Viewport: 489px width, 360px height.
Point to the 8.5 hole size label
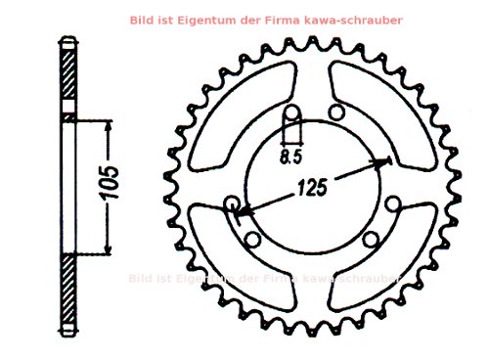click(289, 155)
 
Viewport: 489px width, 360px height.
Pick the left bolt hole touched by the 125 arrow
click(233, 203)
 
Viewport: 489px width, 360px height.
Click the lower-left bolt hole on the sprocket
click(251, 240)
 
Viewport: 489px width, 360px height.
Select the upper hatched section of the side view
click(68, 78)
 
